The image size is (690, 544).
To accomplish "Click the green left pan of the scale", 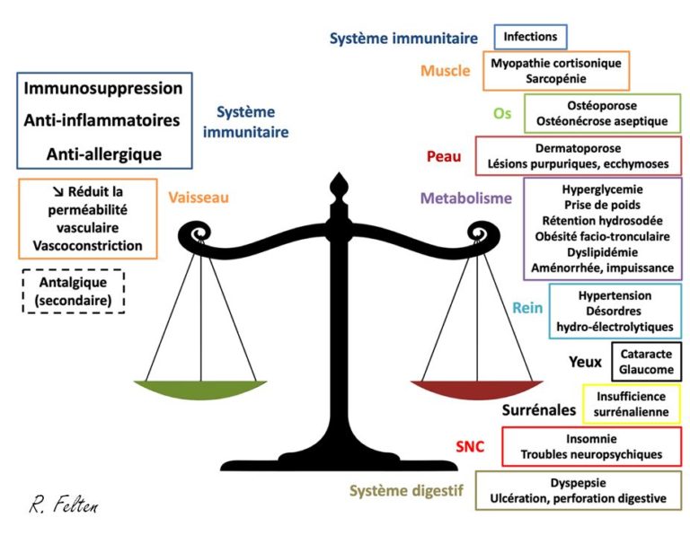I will tap(206, 390).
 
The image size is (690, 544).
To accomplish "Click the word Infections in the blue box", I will tap(530, 37).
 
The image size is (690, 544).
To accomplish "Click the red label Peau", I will tap(443, 156).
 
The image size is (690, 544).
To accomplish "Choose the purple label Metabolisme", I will tap(465, 197).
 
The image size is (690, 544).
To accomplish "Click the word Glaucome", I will tap(646, 370).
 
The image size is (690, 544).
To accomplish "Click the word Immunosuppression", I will tap(103, 88).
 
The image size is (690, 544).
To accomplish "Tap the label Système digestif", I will tap(405, 490).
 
